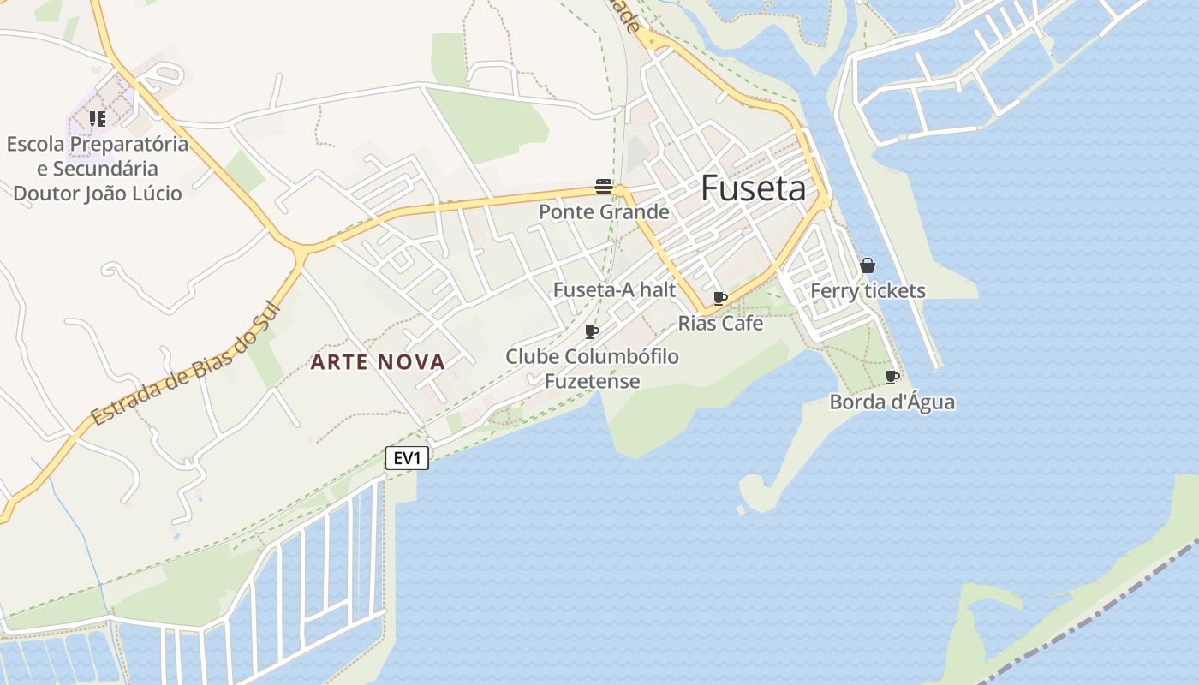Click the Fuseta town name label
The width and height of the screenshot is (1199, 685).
point(754,189)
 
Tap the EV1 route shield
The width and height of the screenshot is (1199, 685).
point(407,458)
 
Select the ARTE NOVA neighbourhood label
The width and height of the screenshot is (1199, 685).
point(378,362)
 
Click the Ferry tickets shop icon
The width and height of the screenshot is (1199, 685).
point(868,265)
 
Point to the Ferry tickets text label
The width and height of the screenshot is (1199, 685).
point(868,291)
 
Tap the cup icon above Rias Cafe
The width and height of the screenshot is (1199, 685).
point(720,298)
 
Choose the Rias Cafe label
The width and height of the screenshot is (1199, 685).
point(720,324)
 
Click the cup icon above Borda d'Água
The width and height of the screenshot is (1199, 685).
point(892,377)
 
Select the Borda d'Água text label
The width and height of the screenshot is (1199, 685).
point(892,402)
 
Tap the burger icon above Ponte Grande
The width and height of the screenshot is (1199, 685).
point(604,187)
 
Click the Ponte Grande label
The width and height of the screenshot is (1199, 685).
point(604,211)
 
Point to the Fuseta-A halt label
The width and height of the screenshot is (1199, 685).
point(614,290)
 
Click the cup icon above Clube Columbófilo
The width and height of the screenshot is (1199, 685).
point(592,331)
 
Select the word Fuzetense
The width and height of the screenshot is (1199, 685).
point(592,381)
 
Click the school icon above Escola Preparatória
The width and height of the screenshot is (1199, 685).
point(98,119)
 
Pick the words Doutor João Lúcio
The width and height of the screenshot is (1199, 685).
point(98,194)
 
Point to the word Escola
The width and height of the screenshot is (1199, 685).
point(36,144)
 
